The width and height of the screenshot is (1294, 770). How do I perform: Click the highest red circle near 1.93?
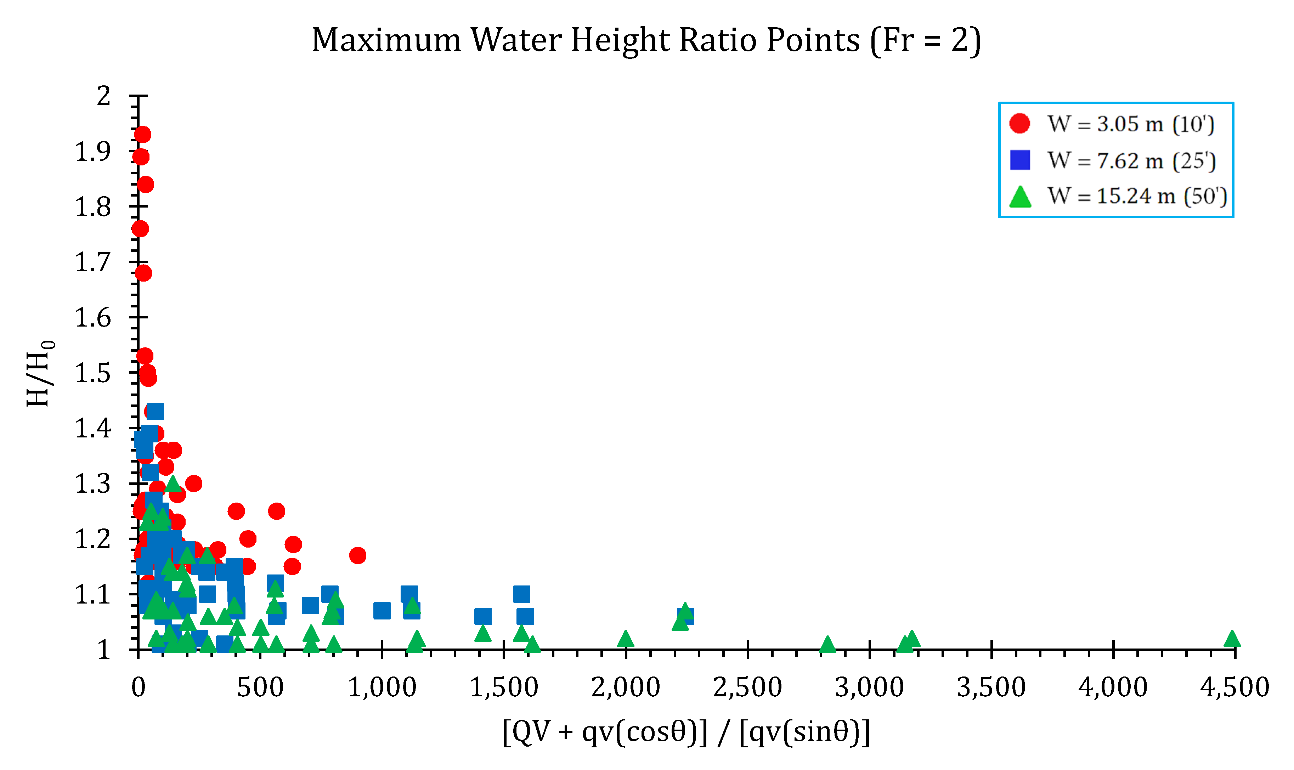142,134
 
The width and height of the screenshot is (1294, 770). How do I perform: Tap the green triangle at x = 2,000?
625,639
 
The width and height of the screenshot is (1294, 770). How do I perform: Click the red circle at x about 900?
357,555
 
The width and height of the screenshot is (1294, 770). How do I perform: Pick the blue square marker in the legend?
1019,160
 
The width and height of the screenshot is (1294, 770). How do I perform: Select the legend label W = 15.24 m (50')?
1137,196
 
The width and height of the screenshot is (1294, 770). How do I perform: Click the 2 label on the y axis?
104,96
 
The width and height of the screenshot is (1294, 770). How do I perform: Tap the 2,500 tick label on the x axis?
747,687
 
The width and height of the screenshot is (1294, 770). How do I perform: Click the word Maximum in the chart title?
386,40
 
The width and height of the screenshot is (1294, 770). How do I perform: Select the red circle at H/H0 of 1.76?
140,228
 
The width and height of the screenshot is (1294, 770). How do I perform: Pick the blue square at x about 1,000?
382,611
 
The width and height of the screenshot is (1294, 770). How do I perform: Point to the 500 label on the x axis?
260,687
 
